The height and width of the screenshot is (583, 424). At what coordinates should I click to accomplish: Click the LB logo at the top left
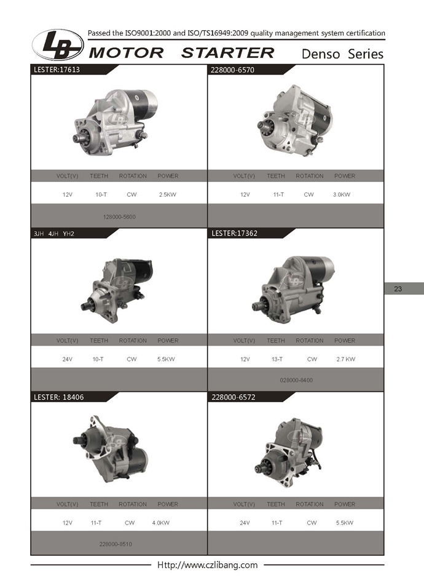coord(58,45)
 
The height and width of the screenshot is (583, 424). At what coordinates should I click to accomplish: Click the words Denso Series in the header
coord(342,54)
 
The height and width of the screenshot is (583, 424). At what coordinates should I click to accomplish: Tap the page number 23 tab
coord(398,289)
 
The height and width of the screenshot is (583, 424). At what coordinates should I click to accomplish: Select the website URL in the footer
coord(207,565)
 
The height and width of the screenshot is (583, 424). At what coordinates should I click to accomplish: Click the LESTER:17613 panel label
coord(57,69)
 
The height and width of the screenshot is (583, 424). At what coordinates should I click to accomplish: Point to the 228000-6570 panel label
coord(232,70)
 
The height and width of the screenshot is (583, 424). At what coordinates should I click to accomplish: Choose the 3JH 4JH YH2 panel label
coord(54,234)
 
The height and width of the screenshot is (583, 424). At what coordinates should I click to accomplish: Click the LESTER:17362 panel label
coord(234,234)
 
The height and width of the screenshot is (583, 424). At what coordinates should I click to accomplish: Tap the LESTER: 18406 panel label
coord(59,397)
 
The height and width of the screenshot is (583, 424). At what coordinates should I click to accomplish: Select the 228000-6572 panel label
coord(234,397)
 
